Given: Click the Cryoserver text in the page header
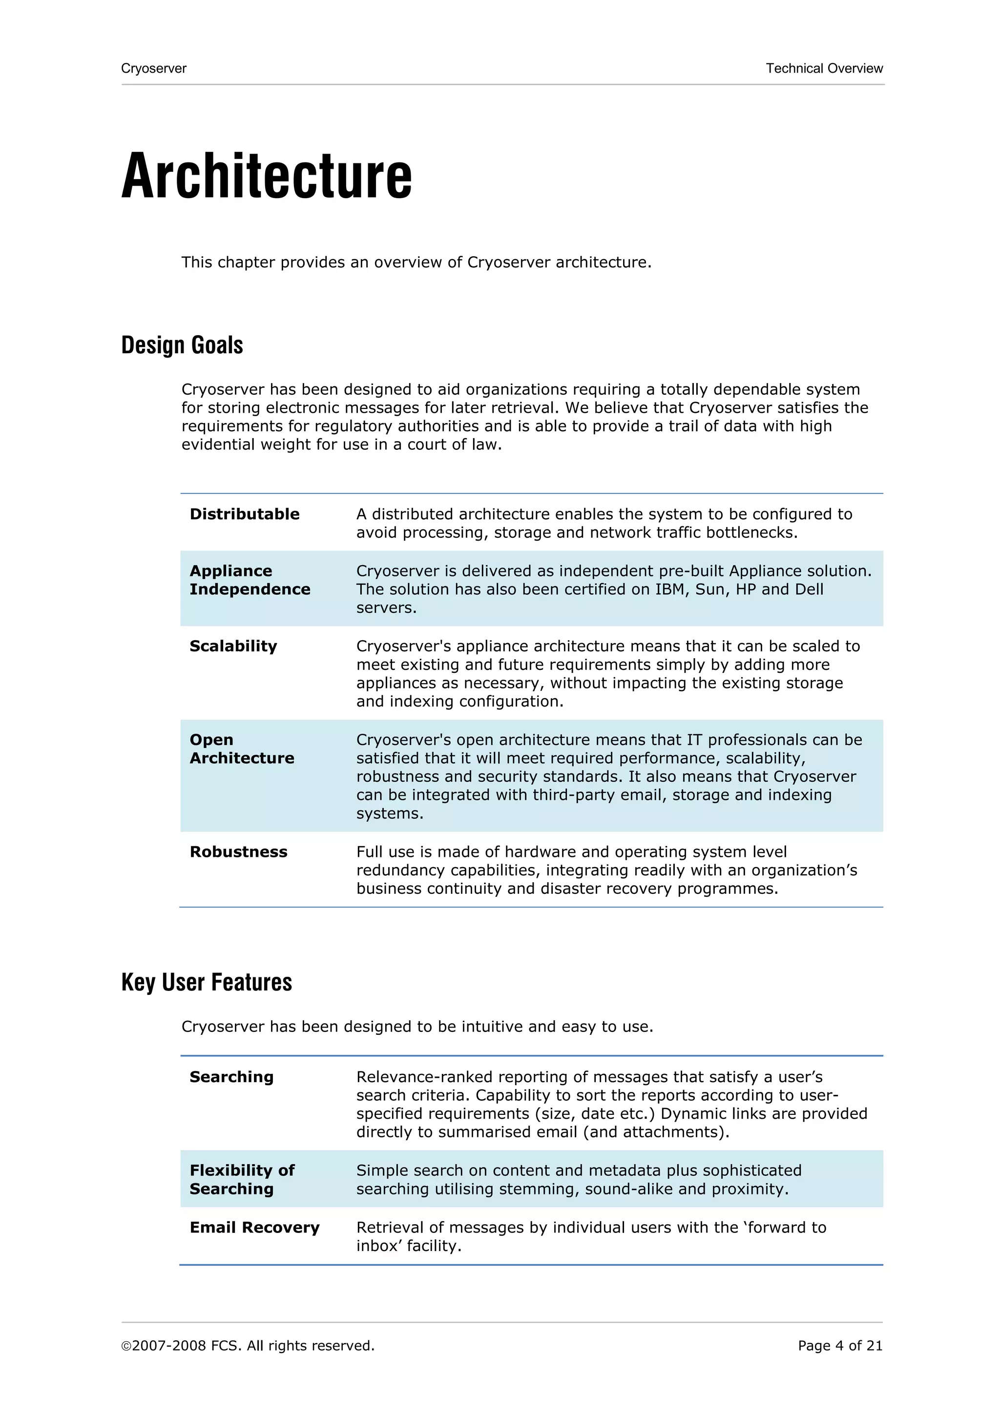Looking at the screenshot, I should point(153,68).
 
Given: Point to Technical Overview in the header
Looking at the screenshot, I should point(824,68).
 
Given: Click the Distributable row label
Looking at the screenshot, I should point(244,514).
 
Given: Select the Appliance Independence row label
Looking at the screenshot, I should point(250,580).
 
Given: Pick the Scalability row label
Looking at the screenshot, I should point(233,646).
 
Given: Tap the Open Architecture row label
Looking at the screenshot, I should point(242,749).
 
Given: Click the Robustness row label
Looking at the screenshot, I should point(238,852).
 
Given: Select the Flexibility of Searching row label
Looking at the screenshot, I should point(242,1179).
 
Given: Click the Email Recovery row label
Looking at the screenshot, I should point(254,1228).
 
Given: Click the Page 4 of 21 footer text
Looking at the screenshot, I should point(840,1346).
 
